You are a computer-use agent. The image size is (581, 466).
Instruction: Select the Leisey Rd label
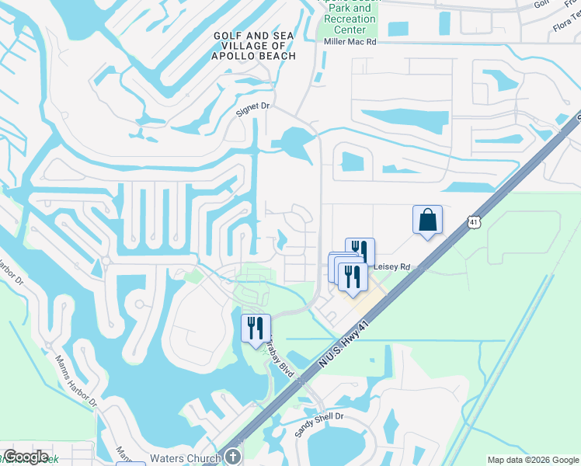(x=391, y=266)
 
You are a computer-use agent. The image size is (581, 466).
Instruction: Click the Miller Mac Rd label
(x=350, y=43)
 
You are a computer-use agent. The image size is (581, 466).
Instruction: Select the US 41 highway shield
(x=473, y=223)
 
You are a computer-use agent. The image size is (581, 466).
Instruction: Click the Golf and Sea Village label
(x=254, y=46)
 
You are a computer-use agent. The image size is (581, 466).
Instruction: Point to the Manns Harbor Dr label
(x=76, y=381)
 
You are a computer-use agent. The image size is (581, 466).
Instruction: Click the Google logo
(x=26, y=457)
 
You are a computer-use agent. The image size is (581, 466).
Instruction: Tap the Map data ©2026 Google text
(x=532, y=460)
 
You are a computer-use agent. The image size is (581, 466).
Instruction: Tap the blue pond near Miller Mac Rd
(x=397, y=29)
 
